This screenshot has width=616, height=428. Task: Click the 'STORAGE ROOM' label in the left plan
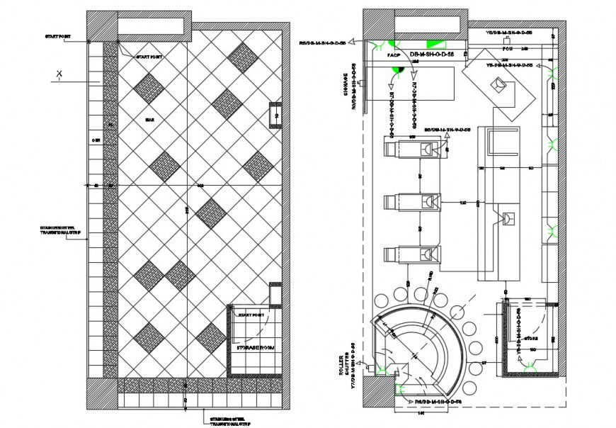251,348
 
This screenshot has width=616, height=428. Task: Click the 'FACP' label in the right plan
393,55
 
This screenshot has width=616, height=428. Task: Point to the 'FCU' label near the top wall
507,50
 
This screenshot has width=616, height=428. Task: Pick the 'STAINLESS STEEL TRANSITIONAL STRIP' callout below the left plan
229,421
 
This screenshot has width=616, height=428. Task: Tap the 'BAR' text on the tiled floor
149,120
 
